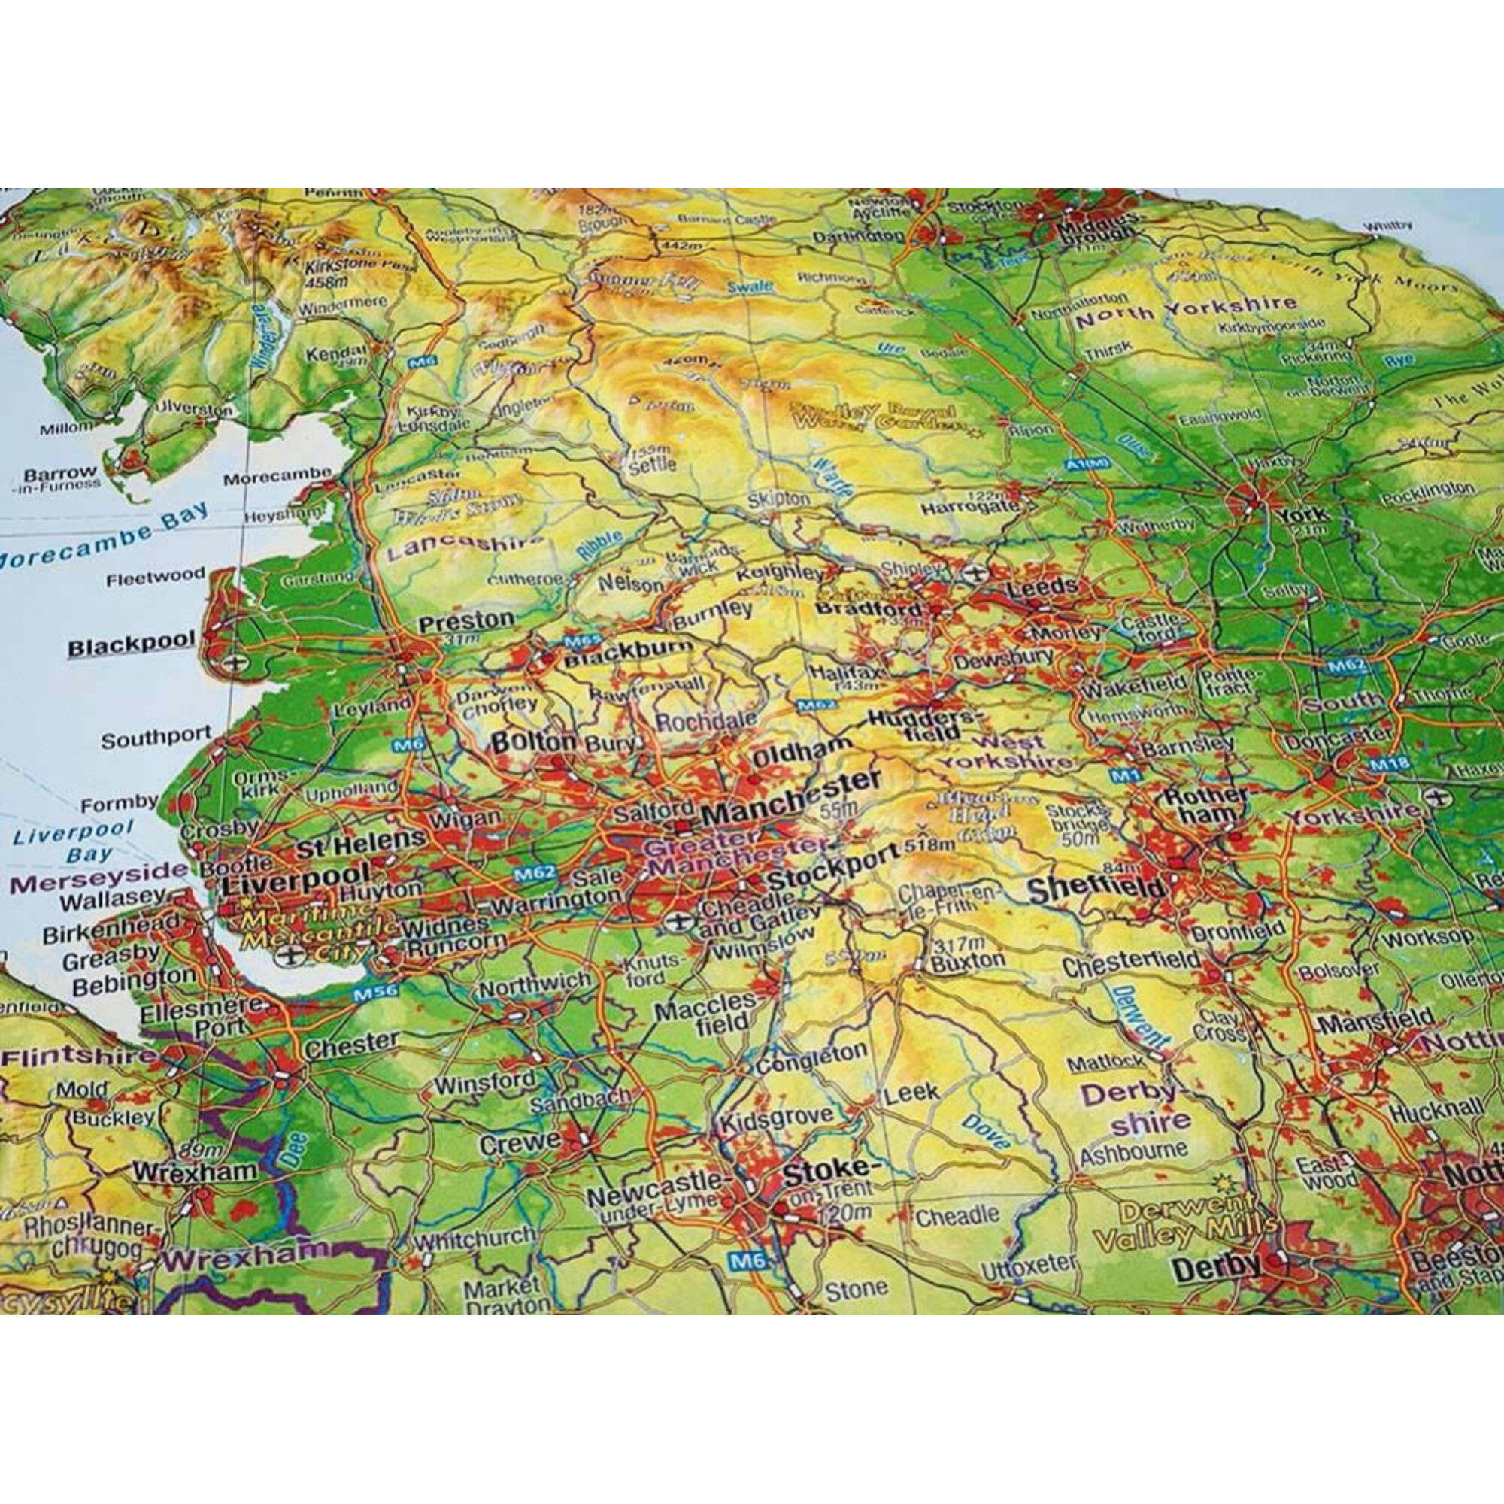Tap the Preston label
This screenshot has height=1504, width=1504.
[x=466, y=620]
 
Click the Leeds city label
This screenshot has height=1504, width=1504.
[x=1042, y=587]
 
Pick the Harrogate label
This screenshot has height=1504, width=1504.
[x=969, y=508]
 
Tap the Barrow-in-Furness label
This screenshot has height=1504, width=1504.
[x=59, y=478]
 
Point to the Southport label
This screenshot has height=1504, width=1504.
[x=156, y=736]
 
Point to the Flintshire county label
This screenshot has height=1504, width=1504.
[x=78, y=1057]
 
